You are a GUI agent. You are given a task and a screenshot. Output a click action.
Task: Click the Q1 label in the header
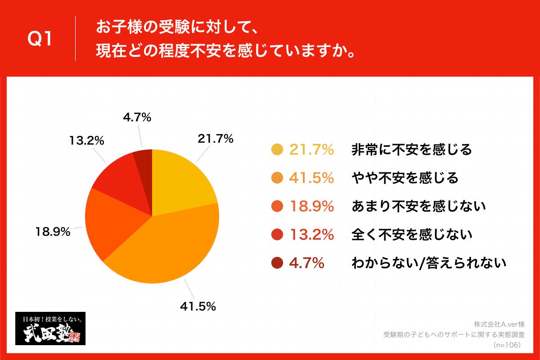[x=40, y=40]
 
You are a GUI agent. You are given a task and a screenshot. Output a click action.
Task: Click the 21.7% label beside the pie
[x=216, y=139]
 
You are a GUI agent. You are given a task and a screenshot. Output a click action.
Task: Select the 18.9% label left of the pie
[x=53, y=232]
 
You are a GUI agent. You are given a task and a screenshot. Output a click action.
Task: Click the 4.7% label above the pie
[x=137, y=117]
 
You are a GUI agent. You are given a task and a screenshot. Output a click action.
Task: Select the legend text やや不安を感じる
[x=405, y=178]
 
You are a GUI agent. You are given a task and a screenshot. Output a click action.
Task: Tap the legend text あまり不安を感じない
[x=418, y=207]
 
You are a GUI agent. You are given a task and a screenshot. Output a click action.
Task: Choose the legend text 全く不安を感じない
[x=411, y=235]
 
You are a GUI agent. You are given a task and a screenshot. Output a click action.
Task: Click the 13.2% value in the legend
[x=311, y=235]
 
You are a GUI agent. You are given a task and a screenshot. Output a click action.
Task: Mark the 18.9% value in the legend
[x=311, y=207]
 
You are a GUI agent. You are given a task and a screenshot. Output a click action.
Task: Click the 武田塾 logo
[x=50, y=328]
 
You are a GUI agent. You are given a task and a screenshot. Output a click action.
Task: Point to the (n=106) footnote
[x=506, y=345]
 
